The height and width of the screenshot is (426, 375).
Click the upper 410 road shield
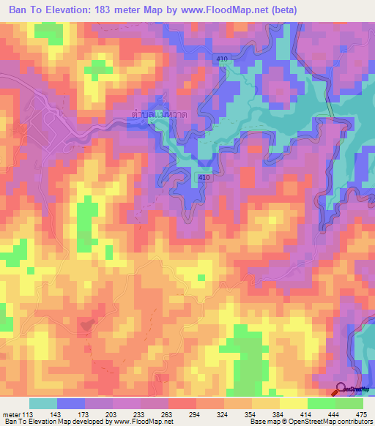(223, 56)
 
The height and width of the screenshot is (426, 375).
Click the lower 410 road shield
(205, 177)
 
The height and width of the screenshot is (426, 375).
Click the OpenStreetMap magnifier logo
(341, 390)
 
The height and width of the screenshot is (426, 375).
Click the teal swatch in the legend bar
(43, 403)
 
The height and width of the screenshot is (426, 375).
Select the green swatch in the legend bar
(335, 403)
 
